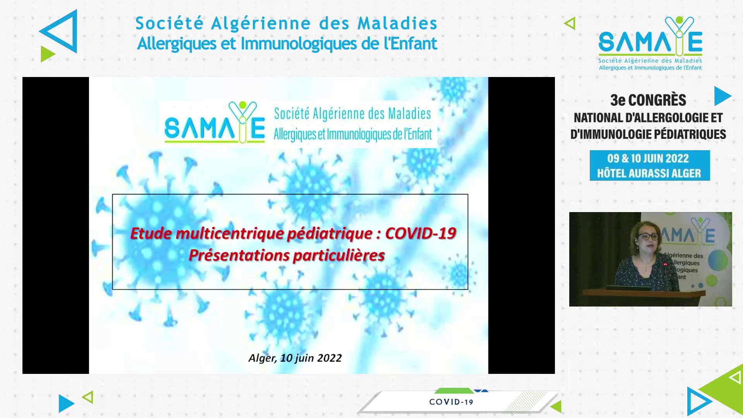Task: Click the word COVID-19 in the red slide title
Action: point(421,233)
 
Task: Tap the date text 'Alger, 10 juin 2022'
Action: point(295,358)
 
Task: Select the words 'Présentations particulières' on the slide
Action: point(287,255)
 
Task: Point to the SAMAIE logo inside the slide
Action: point(215,122)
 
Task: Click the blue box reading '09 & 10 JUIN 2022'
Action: point(650,165)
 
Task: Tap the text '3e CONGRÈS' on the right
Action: point(648,100)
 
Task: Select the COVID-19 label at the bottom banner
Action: point(451,402)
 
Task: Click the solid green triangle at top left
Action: point(48,54)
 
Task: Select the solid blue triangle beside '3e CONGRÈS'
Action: point(722,96)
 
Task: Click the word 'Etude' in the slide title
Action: point(151,233)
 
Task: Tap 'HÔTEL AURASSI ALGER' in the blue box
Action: point(649,173)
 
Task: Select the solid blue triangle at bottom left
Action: point(66,403)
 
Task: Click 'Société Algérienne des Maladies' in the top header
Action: point(286,23)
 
